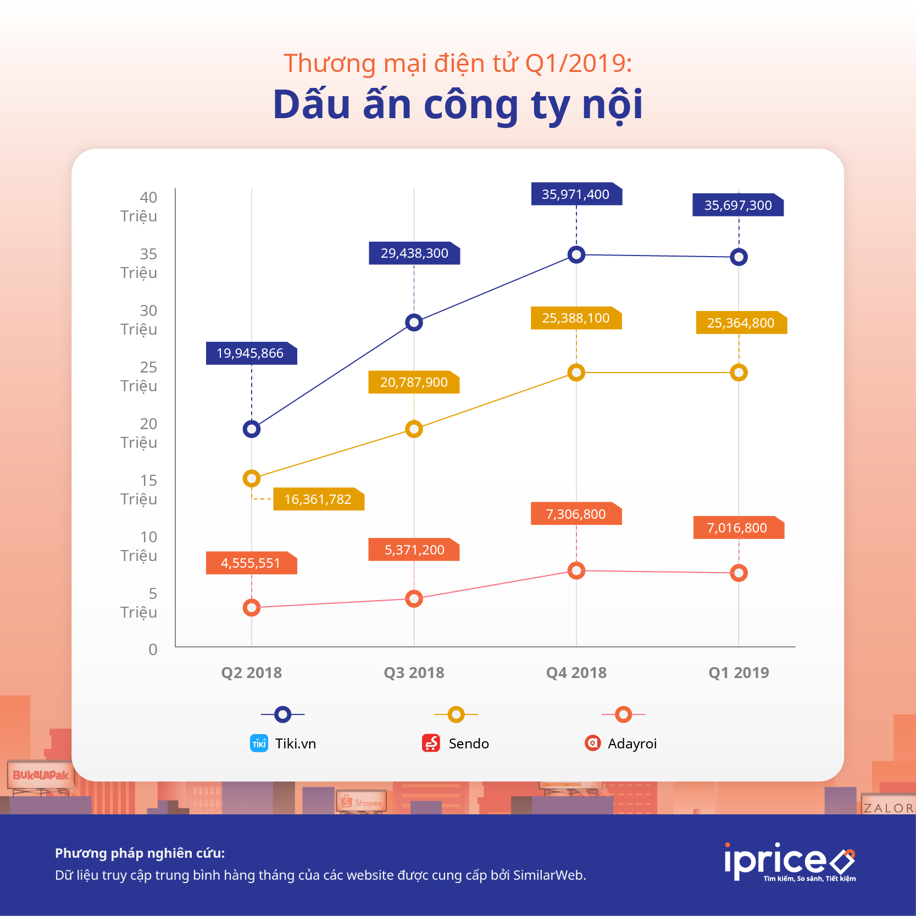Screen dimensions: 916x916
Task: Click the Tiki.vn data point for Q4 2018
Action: pos(576,254)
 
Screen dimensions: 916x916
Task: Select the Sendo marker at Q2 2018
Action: pos(252,479)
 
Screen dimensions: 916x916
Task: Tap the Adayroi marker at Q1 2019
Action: pos(739,573)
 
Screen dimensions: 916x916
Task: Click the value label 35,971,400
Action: pos(575,195)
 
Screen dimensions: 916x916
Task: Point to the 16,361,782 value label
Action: pos(318,499)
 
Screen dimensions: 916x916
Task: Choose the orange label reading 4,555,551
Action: pos(251,563)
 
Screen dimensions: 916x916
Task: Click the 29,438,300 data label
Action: pos(414,253)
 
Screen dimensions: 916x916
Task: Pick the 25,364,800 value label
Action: pos(740,323)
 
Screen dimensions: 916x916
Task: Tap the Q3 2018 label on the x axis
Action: pos(414,673)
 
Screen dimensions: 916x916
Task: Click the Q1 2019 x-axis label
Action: pos(739,673)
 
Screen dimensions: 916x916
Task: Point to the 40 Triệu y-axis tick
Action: pos(140,207)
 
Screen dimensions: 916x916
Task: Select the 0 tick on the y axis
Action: pos(153,649)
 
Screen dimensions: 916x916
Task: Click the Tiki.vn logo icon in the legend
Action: pos(259,743)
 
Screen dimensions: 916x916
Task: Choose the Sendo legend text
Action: pos(469,743)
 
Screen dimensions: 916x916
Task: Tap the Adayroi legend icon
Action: pos(592,743)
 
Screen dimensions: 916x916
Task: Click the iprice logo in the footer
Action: pos(789,862)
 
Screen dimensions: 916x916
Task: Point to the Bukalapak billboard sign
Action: pos(41,775)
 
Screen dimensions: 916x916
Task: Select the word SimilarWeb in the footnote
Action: pos(548,875)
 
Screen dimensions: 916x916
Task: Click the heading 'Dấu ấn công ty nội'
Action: pos(458,104)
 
